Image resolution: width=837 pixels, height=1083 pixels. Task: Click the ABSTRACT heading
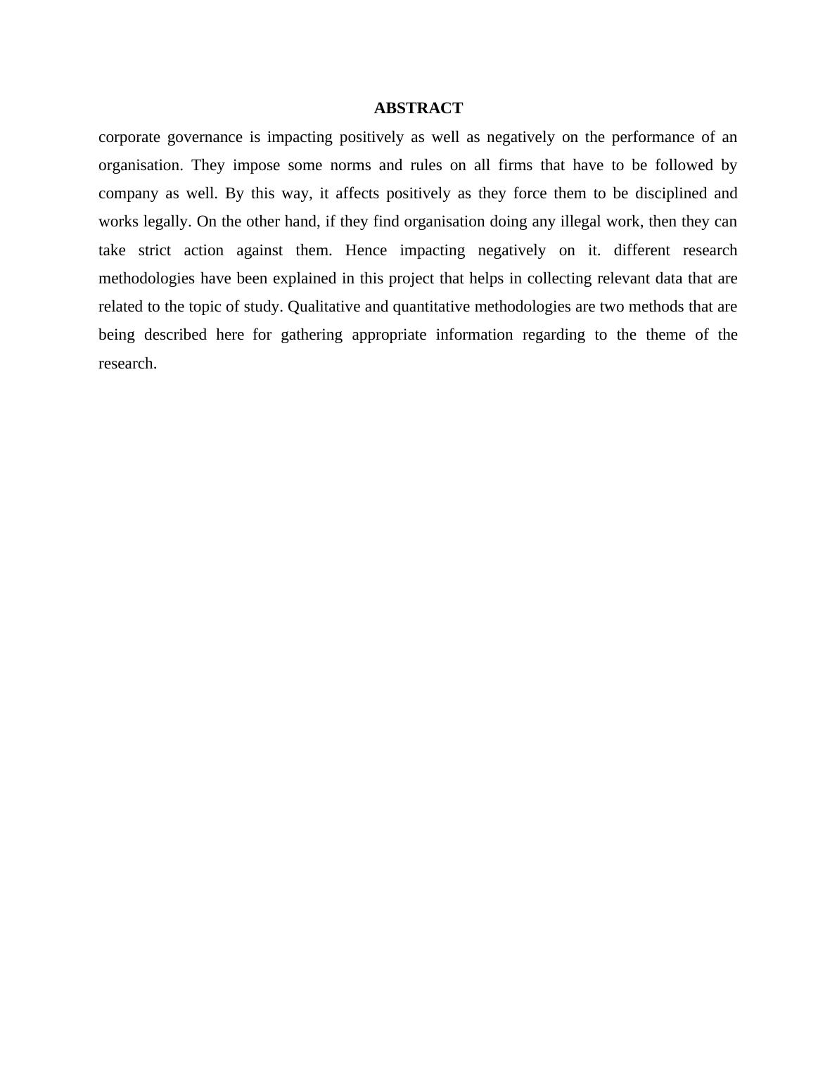tap(418, 108)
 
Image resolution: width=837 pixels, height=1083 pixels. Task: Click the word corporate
tap(129, 137)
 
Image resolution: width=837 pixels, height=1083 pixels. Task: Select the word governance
tap(204, 137)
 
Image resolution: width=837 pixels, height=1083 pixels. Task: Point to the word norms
tap(350, 165)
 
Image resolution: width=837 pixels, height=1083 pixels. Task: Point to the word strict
tap(154, 250)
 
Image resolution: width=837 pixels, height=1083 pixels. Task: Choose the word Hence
tap(366, 250)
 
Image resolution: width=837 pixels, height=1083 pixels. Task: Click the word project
tap(411, 279)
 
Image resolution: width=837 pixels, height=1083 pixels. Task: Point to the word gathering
tap(312, 335)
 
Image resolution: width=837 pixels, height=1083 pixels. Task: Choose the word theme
tap(665, 335)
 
